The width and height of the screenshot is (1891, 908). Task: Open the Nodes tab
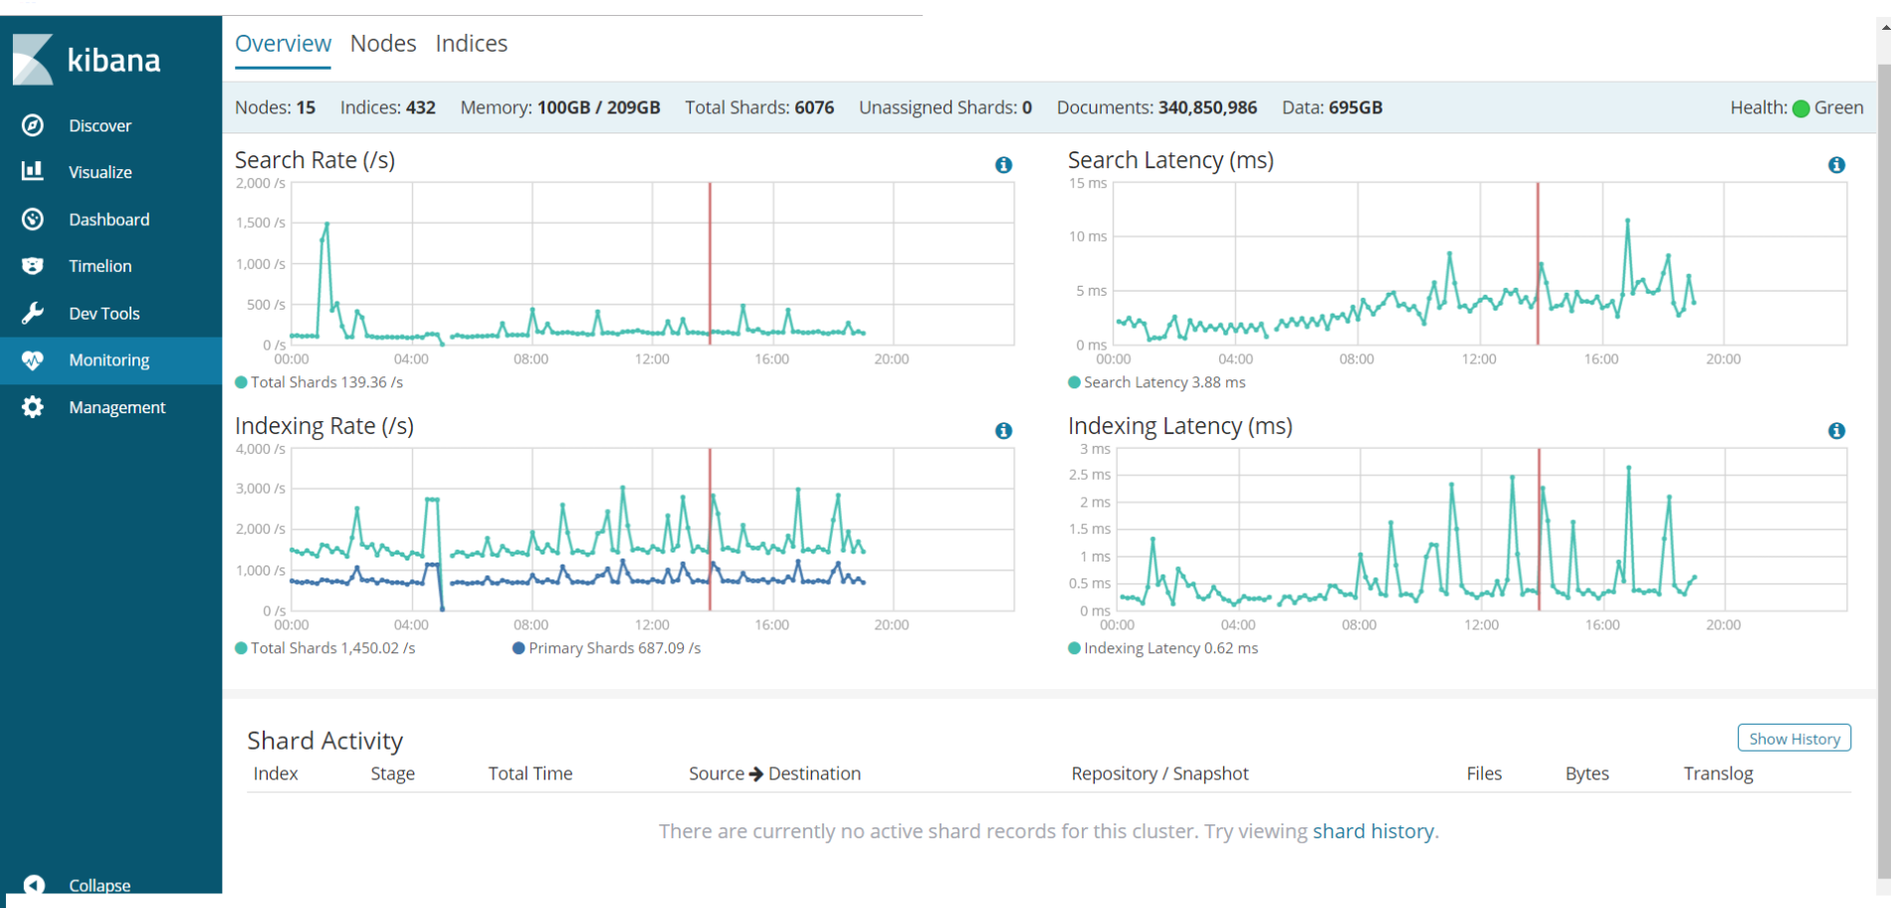[382, 44]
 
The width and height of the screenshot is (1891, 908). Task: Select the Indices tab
[471, 44]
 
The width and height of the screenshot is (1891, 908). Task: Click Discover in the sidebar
[100, 125]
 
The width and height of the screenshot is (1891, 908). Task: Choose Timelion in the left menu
[100, 266]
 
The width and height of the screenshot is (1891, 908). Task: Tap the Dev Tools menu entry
[104, 314]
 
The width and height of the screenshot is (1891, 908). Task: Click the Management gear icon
[33, 407]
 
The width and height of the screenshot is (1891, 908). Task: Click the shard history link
[1372, 831]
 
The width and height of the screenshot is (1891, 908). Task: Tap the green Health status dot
[1800, 109]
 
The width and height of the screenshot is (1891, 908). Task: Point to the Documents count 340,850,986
[1207, 108]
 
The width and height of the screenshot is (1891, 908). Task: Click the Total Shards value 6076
[814, 108]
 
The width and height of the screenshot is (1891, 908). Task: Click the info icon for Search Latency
[1836, 165]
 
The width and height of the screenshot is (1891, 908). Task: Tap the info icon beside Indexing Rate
[1003, 431]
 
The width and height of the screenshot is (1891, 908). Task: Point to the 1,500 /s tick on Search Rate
[261, 223]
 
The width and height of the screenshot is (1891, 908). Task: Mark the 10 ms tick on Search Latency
[1088, 237]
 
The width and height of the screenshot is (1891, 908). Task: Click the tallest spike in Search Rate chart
[326, 225]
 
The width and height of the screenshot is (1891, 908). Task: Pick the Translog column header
[1718, 774]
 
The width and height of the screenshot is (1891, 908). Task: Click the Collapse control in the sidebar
[99, 885]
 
